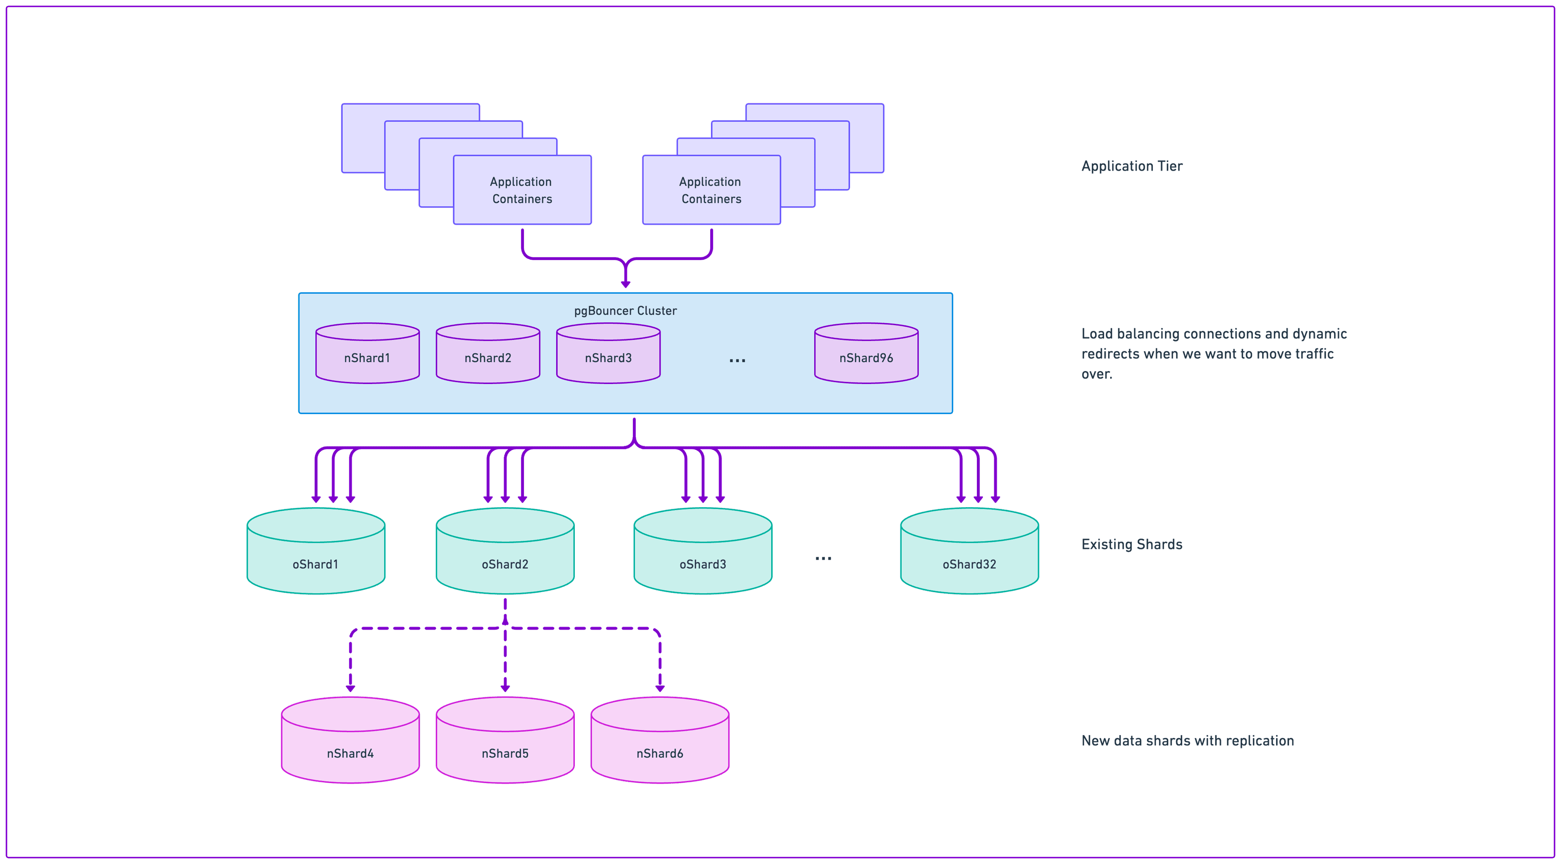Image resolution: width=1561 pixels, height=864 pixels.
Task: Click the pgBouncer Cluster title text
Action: [x=625, y=311]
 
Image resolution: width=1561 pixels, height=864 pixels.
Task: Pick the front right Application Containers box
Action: [x=711, y=190]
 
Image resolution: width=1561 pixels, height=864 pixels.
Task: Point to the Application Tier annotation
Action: [x=1131, y=166]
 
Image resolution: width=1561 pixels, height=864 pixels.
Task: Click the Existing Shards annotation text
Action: [x=1131, y=544]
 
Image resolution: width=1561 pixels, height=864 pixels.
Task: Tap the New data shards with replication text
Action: [x=1188, y=740]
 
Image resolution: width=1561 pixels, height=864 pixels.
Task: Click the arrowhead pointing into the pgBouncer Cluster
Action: [x=625, y=284]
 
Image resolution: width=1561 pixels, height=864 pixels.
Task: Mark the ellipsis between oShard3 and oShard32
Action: [x=823, y=558]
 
